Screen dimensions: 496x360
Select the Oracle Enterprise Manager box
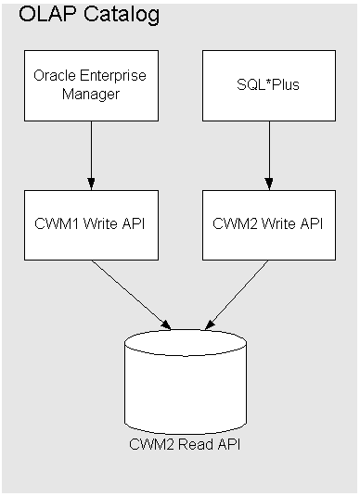tap(90, 84)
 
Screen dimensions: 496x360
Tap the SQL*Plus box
tap(269, 84)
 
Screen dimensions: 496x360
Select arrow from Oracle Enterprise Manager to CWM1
tap(90, 153)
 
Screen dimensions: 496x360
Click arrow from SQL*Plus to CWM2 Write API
tap(269, 153)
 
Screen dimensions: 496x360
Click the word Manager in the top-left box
tap(90, 94)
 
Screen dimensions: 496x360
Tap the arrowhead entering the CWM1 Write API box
tap(90, 182)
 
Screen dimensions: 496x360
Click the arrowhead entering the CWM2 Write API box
tap(269, 182)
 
